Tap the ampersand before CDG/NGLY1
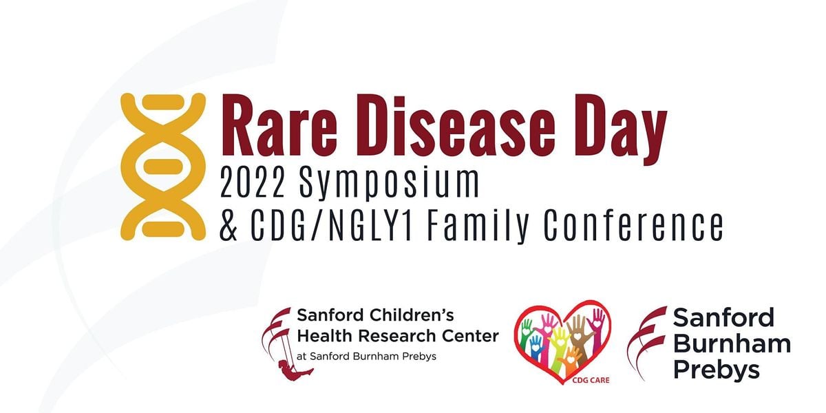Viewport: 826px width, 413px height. (229, 225)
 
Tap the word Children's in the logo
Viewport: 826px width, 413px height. (401, 317)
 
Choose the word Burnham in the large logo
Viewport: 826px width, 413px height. (731, 343)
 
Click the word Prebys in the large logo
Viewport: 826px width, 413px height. (716, 370)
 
